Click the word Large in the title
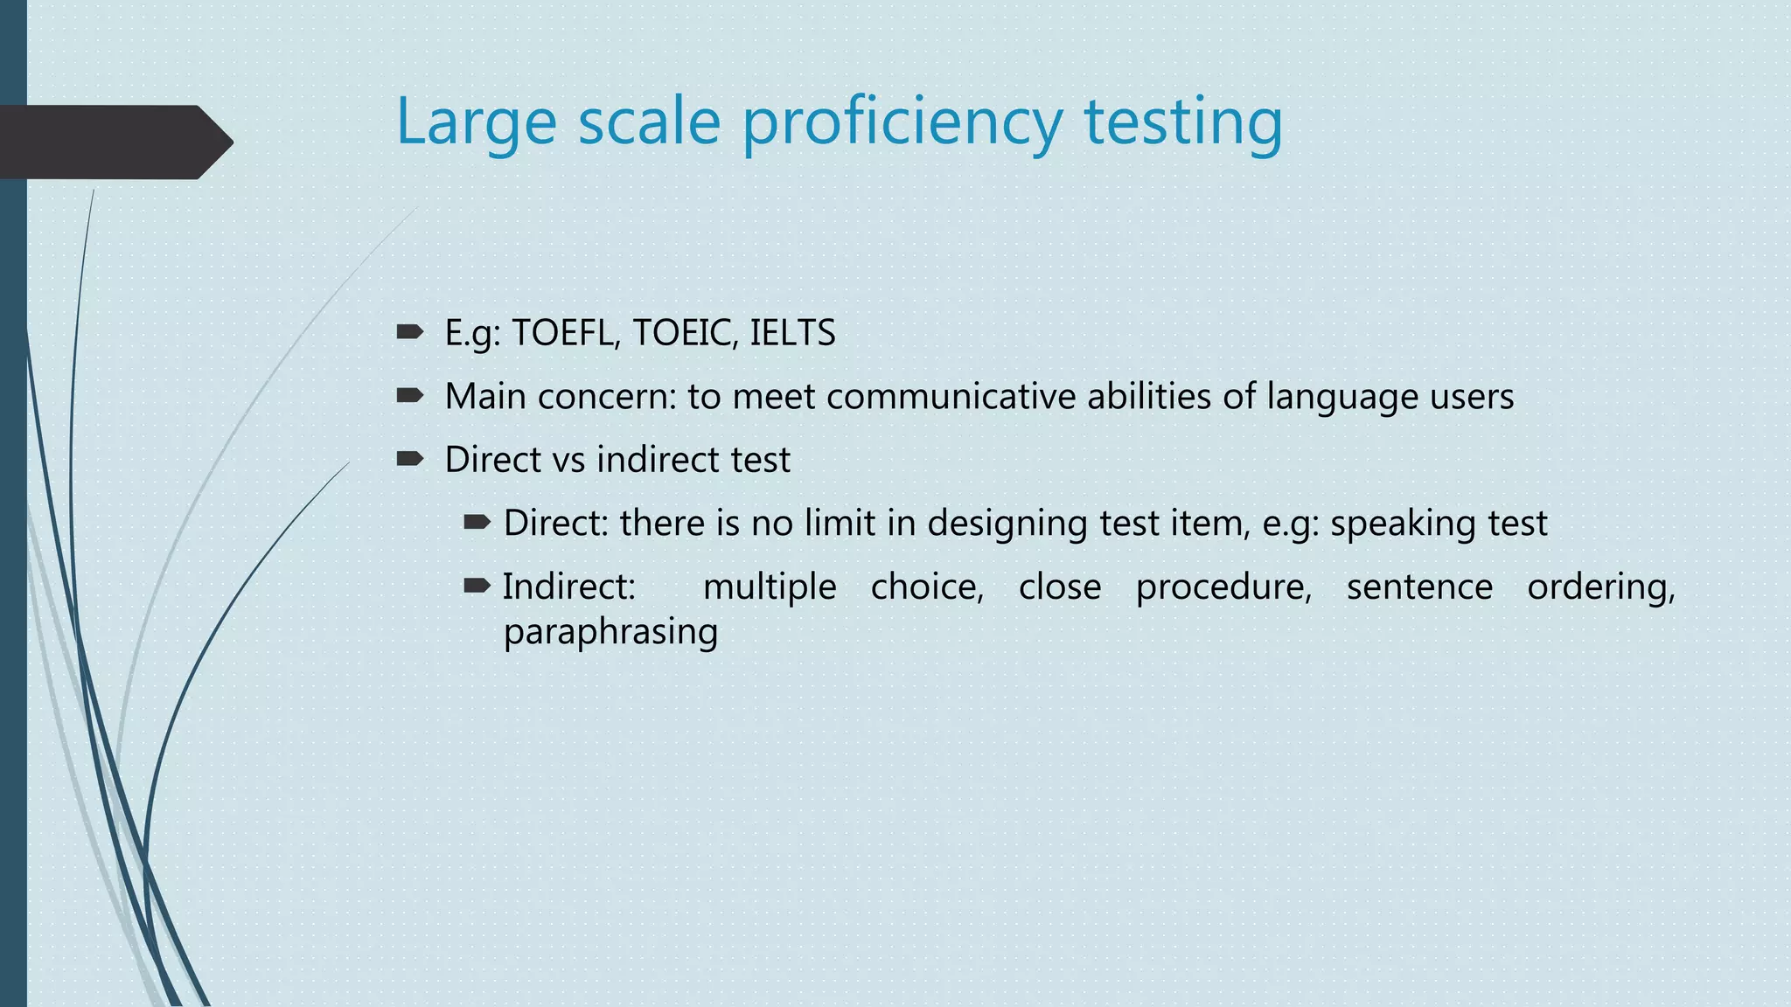[476, 122]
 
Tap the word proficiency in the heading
[902, 122]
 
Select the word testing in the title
[1183, 122]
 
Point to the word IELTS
[792, 333]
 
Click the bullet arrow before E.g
[409, 332]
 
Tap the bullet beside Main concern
[409, 396]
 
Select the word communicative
[951, 396]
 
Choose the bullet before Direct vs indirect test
[409, 459]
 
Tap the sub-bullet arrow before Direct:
[477, 523]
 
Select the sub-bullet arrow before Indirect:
[477, 586]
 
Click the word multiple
[770, 587]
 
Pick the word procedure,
[1223, 587]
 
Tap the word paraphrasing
[610, 632]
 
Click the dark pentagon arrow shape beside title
[114, 142]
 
